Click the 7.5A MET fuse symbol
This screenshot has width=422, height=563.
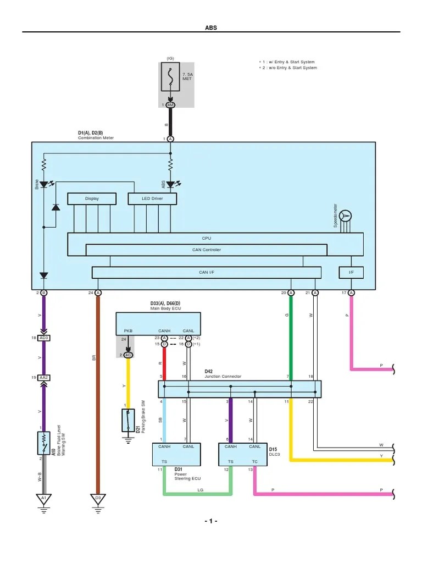[170, 78]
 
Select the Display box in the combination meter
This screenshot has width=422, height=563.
[92, 198]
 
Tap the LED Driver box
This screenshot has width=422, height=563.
[152, 198]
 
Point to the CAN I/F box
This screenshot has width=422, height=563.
[206, 272]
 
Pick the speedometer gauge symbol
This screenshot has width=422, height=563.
[345, 216]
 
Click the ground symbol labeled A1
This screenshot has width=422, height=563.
[42, 499]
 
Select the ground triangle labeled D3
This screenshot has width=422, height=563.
[98, 499]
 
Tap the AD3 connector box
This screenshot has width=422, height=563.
[43, 338]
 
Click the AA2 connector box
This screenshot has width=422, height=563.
[43, 378]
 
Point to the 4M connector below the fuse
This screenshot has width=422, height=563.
[170, 104]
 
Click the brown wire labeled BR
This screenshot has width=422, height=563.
[98, 385]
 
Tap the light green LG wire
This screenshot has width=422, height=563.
[196, 493]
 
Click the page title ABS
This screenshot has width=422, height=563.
[211, 27]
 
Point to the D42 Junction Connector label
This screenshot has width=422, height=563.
[223, 374]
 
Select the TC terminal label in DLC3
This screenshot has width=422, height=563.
[254, 462]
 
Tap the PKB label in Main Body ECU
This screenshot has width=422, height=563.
[129, 331]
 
